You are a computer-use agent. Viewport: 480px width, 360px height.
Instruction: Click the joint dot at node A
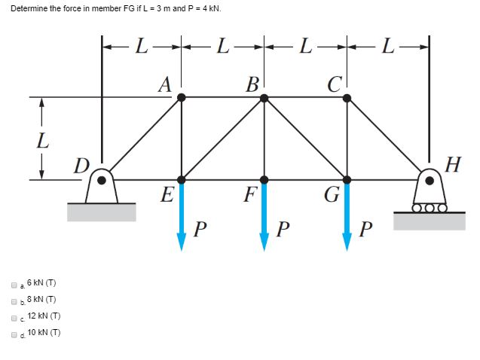[x=182, y=97]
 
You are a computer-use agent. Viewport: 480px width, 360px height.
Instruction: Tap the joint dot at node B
[x=264, y=97]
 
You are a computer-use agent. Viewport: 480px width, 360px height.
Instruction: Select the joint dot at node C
[x=347, y=97]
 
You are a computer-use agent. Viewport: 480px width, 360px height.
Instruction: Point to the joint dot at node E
[x=182, y=179]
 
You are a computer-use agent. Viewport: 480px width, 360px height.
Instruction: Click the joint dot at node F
[x=264, y=179]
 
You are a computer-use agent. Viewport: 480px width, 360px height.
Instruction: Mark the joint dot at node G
[x=347, y=179]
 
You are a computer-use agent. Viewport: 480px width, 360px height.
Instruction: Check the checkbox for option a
[x=14, y=285]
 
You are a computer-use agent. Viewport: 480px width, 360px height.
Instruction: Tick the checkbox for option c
[x=14, y=317]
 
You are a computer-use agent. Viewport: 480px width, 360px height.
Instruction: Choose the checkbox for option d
[x=14, y=333]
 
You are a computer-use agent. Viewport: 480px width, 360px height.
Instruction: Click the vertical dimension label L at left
[x=42, y=139]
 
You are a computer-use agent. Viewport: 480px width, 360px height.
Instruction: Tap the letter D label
[x=81, y=165]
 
